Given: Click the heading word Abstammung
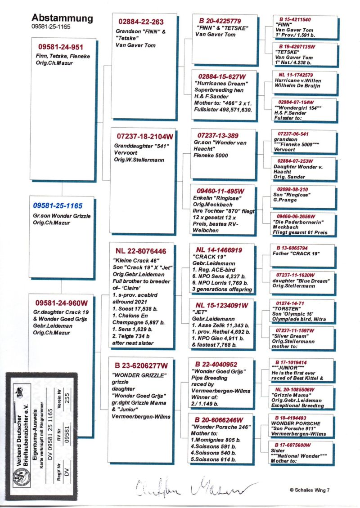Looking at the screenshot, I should (62, 18).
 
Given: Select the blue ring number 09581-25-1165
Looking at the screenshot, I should (58, 205).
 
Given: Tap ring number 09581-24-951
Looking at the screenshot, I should (61, 47).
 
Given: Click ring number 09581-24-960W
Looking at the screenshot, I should (62, 302).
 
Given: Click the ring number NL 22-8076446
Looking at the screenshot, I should (140, 250).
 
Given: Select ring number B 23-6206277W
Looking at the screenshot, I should (143, 365).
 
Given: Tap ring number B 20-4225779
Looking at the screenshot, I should (220, 21).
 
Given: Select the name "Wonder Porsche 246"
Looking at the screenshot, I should (218, 426).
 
